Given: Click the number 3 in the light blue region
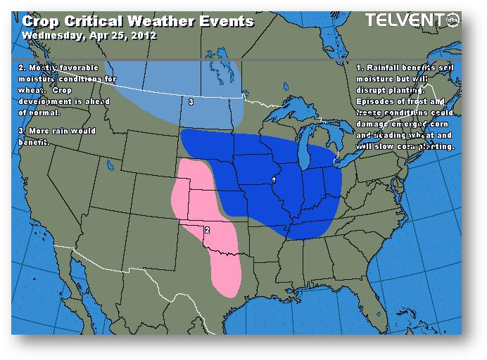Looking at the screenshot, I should click(191, 102).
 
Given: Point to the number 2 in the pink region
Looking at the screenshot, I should click(206, 229).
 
